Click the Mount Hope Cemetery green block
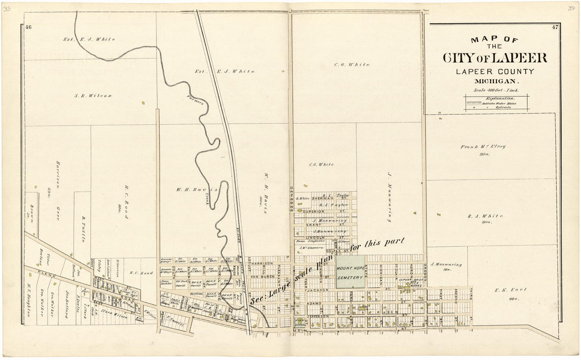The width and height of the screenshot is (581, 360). pos(350,272)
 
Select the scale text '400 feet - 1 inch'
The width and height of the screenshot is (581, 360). pos(496,90)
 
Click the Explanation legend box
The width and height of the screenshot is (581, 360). pos(496,102)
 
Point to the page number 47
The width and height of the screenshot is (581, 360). pos(555,27)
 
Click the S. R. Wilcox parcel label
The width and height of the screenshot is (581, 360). pos(93,96)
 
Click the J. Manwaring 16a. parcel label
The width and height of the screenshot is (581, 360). pos(446,266)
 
